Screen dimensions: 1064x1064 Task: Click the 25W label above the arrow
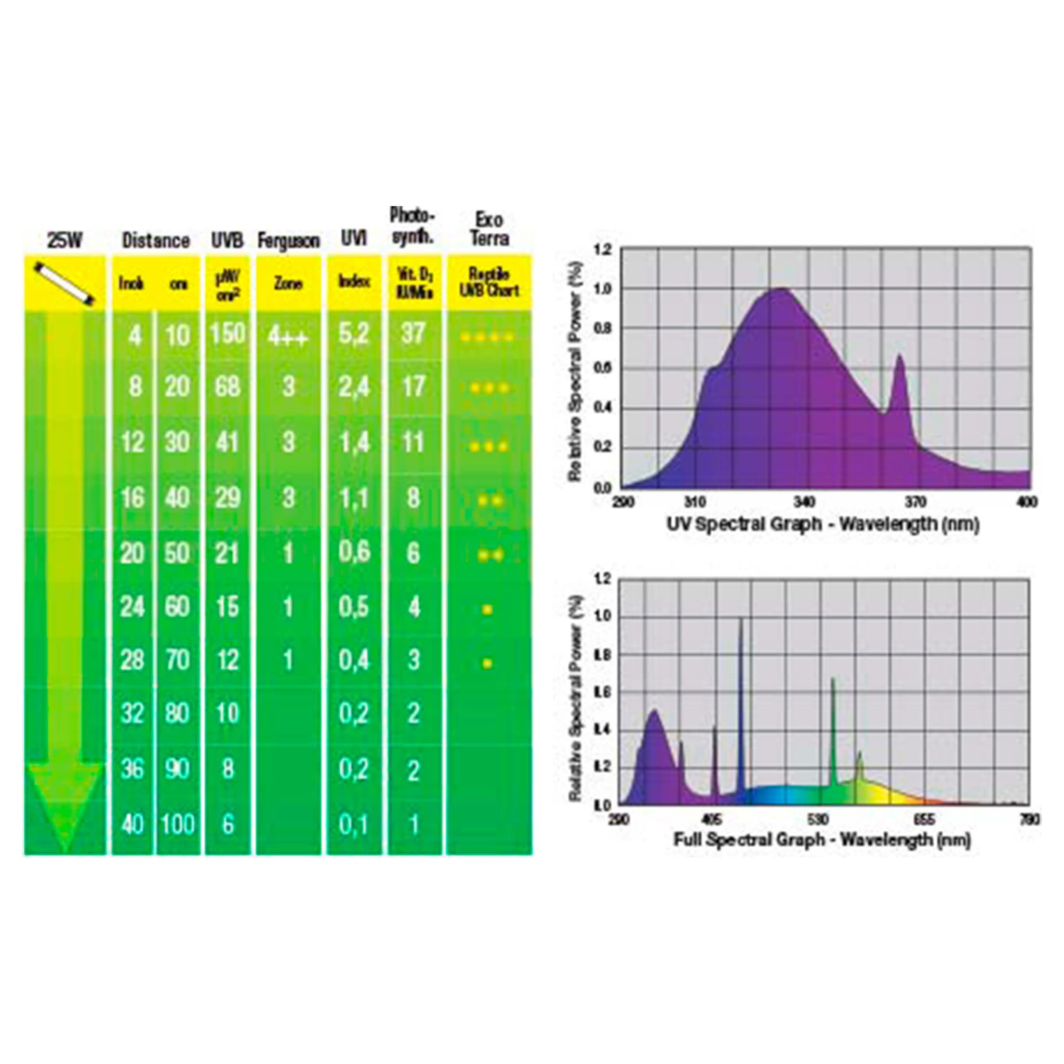click(x=64, y=241)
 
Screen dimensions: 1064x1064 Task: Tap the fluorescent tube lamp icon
click(x=64, y=283)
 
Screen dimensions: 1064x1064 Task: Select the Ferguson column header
click(x=288, y=241)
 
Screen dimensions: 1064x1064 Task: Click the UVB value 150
click(x=228, y=333)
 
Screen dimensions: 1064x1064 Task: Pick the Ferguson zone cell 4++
click(x=288, y=336)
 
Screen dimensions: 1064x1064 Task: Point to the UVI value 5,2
click(x=354, y=334)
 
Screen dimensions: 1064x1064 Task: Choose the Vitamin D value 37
click(x=414, y=333)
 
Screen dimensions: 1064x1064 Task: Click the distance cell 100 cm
click(x=178, y=824)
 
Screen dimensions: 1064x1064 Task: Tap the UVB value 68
click(x=227, y=387)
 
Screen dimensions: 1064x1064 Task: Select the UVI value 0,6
click(x=354, y=552)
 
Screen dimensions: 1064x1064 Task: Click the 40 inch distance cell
click(x=132, y=824)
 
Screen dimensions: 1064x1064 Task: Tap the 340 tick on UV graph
click(x=805, y=502)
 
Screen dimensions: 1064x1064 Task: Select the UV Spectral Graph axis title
click(x=823, y=524)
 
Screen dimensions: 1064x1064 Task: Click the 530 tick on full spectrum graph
click(x=818, y=820)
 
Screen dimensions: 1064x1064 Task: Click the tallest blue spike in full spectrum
click(x=741, y=622)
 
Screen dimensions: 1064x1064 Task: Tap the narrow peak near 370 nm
click(x=900, y=358)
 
